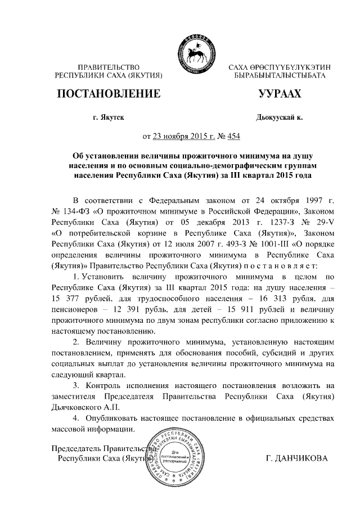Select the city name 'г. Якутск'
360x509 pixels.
(108, 118)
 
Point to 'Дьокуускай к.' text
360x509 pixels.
(279, 118)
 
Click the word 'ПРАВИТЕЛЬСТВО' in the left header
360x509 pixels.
(108, 67)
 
